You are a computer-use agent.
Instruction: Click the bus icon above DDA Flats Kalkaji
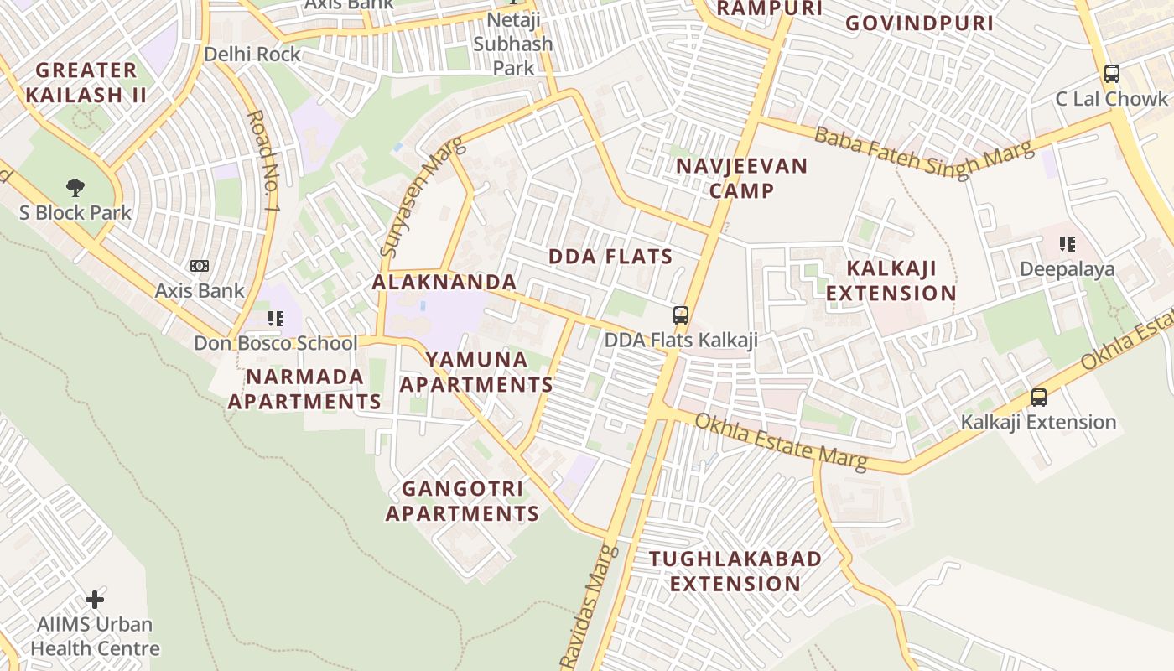click(x=681, y=315)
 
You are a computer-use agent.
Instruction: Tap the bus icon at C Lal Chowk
click(x=1112, y=74)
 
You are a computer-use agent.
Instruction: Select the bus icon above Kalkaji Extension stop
click(x=1039, y=398)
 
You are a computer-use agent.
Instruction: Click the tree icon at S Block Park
click(x=75, y=187)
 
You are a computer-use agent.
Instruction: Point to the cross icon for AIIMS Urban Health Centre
click(x=95, y=600)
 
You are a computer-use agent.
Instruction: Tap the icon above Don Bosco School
click(x=276, y=319)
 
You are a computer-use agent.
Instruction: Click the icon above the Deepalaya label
click(x=1068, y=244)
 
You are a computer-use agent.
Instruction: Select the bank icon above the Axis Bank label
click(x=200, y=266)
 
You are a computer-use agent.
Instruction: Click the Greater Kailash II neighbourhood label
click(x=86, y=82)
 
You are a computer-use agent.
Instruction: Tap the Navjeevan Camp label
click(x=741, y=178)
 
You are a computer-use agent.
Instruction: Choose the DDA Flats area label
click(x=610, y=257)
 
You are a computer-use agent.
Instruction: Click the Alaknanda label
click(x=444, y=282)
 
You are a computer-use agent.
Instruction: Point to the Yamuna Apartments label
click(x=476, y=372)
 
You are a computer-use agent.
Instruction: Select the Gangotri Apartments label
click(x=462, y=501)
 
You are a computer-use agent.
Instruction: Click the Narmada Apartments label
click(x=304, y=389)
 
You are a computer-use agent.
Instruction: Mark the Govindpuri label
click(x=919, y=23)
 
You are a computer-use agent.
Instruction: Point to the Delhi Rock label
click(x=252, y=55)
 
